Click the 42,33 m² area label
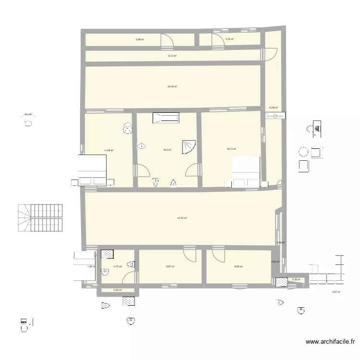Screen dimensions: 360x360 point(181,218)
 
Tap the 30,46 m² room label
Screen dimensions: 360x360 point(172,86)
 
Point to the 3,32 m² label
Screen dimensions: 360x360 point(229,39)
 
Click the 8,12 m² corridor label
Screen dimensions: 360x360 point(172,56)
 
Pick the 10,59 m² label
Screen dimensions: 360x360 point(274,108)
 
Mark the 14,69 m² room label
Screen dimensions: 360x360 point(108,150)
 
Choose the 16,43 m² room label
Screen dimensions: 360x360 point(231,149)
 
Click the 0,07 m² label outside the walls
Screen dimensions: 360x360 point(336,291)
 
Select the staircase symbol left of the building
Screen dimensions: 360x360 point(40,219)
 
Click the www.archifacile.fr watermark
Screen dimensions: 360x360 point(330,342)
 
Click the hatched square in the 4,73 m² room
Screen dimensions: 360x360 point(107,255)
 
